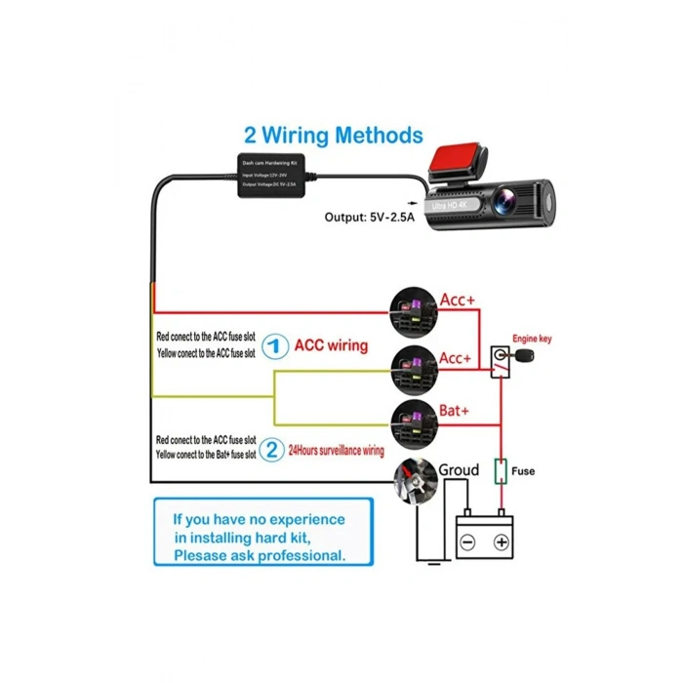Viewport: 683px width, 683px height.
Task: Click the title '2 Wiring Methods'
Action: pos(333,135)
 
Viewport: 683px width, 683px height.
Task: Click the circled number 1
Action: pos(277,345)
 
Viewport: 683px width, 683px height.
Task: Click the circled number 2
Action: pos(273,451)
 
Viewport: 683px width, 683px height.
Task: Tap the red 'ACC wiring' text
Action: pos(332,345)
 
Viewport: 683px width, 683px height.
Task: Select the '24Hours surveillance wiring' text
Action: pos(337,452)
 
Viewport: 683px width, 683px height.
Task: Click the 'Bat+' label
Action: pos(455,413)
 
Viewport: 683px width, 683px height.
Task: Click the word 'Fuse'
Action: pos(524,471)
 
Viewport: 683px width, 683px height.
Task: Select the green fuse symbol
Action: pos(501,472)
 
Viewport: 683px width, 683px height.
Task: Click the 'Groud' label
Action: pos(458,470)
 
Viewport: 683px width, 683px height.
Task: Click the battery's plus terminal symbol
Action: pos(501,542)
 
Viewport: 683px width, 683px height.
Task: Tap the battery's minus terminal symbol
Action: pos(467,542)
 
